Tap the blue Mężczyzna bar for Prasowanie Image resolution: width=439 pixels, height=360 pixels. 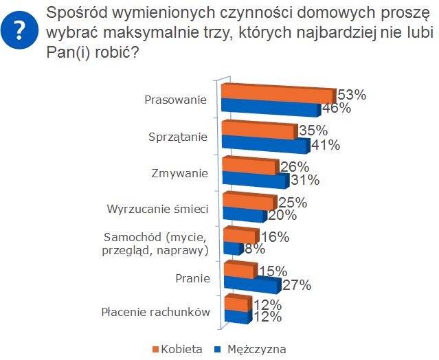point(270,109)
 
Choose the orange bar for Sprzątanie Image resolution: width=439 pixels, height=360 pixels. point(258,131)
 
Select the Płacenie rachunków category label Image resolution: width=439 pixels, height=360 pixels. point(155,312)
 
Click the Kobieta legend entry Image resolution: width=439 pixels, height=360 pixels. point(177,349)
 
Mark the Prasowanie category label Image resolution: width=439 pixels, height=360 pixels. point(176,100)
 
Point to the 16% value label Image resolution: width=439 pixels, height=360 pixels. point(275,237)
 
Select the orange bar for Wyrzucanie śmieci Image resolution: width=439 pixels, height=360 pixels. point(248,201)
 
